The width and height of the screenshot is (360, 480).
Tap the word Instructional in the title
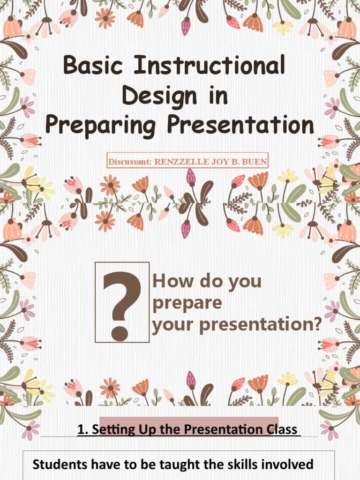point(209,66)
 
